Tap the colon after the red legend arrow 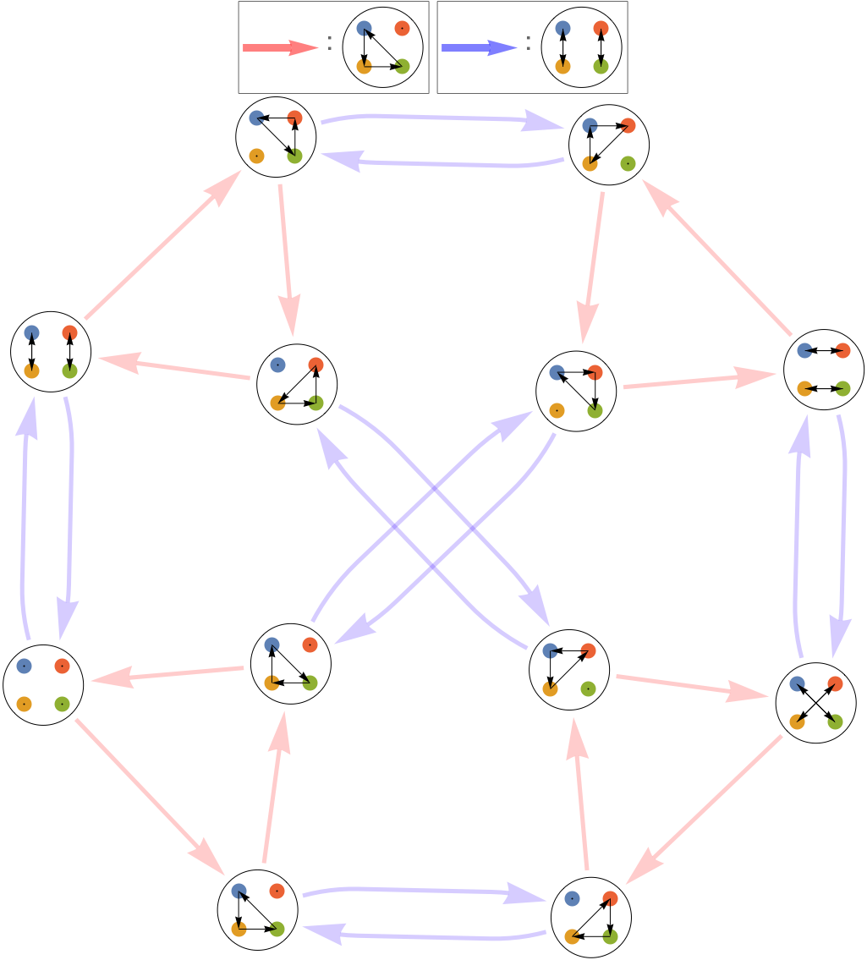tap(330, 47)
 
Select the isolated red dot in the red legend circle tap(402, 29)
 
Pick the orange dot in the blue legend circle tap(562, 66)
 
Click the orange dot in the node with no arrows tap(24, 704)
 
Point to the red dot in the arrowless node tap(62, 666)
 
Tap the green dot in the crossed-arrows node tap(835, 721)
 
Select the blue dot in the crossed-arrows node tap(797, 683)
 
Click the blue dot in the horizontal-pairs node tap(804, 350)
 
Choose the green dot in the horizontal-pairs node tap(842, 388)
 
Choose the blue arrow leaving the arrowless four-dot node tap(24, 524)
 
